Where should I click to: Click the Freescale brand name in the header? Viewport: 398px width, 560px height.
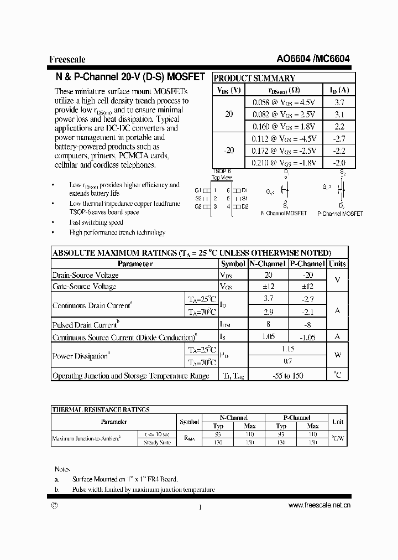pos(67,60)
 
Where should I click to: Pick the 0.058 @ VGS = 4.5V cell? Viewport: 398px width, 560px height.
pos(284,102)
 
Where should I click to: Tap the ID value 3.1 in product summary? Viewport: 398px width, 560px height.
pos(339,115)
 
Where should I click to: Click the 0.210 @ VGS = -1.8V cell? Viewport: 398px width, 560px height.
pos(284,162)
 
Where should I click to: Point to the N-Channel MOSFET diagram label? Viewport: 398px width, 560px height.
pos(284,213)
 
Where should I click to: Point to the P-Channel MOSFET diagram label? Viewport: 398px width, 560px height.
pos(340,213)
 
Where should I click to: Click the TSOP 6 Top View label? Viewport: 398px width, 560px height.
pos(222,175)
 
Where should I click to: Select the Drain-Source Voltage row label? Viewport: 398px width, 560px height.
pos(85,275)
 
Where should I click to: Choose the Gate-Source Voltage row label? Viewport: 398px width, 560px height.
pos(84,287)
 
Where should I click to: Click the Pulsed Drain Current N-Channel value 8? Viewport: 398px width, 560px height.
pos(268,325)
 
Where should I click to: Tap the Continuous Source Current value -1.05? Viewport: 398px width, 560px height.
pos(307,337)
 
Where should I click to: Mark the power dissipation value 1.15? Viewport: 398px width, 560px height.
pos(287,349)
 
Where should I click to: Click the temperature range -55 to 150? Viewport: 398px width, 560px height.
pos(287,376)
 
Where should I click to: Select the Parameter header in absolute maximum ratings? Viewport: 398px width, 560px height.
pos(135,264)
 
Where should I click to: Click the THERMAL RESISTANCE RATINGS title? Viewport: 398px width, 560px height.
pos(101,409)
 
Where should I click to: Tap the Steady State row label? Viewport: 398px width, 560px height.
pos(158,443)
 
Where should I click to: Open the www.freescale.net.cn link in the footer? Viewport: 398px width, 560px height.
pos(320,505)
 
